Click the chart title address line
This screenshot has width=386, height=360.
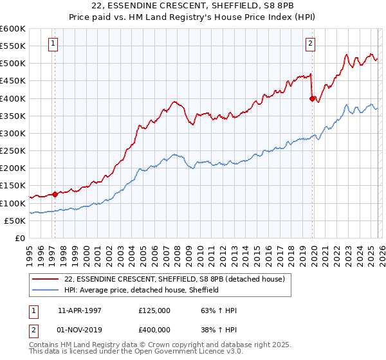193,6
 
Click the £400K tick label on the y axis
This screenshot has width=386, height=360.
13,98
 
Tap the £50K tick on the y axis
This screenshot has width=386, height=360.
15,221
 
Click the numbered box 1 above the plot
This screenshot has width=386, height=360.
53,44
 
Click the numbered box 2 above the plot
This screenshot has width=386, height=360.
310,44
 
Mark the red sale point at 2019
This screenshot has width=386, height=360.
312,98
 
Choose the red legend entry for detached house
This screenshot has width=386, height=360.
179,278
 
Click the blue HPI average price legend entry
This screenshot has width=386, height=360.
142,290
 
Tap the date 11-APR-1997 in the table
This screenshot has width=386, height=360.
80,310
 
